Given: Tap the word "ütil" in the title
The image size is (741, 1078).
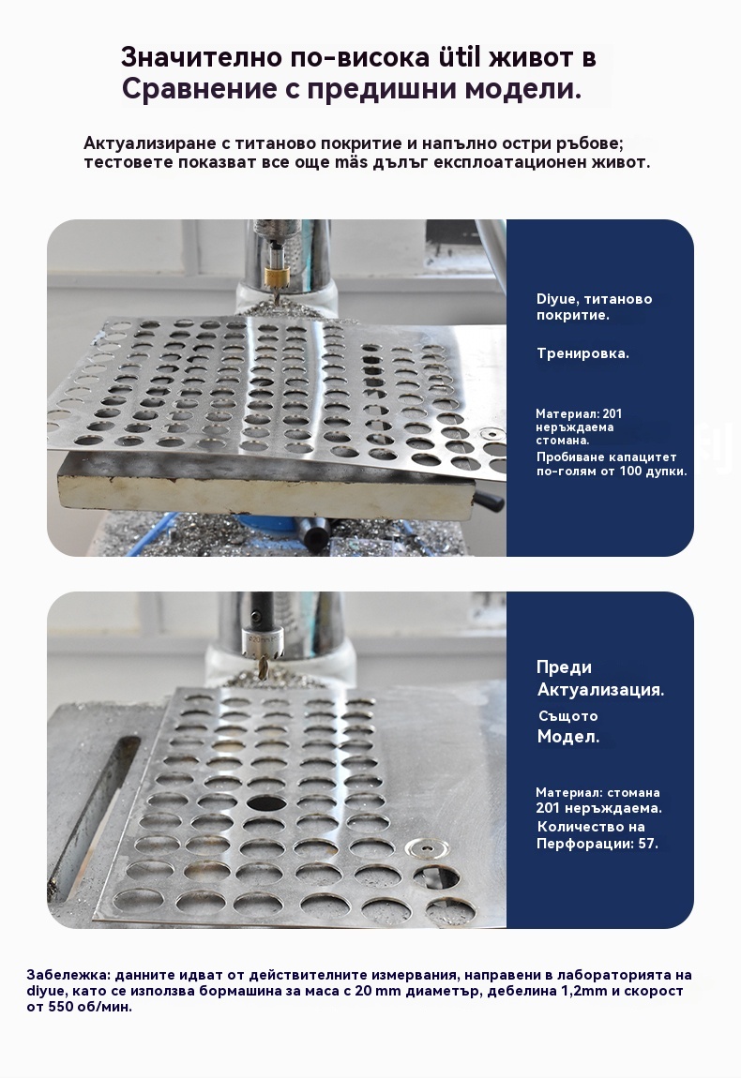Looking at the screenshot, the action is pos(460,58).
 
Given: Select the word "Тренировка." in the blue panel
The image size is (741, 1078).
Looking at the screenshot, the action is pos(582,354).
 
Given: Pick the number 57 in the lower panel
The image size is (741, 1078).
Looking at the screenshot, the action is pos(646,844).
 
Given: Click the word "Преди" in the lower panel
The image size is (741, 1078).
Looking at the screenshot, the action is pos(564,667).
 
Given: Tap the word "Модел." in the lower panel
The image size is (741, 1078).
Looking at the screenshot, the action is pos(568,737).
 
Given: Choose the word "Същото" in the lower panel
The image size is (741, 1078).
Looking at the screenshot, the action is pos(567,716).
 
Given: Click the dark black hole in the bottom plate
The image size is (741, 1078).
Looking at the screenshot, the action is pos(267,802).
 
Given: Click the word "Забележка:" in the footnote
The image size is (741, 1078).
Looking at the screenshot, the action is pos(68,976).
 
